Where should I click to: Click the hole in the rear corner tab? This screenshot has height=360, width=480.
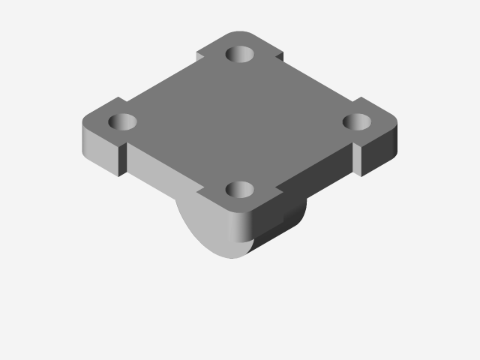coord(240,54)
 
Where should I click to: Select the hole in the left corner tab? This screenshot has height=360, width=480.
coord(121,121)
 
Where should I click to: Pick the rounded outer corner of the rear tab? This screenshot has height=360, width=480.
coord(240,34)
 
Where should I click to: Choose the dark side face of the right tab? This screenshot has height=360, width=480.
coord(379,154)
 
